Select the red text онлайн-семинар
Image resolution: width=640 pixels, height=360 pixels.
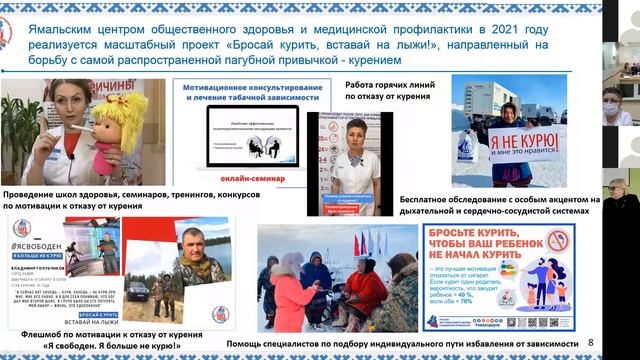coord(250,177)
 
